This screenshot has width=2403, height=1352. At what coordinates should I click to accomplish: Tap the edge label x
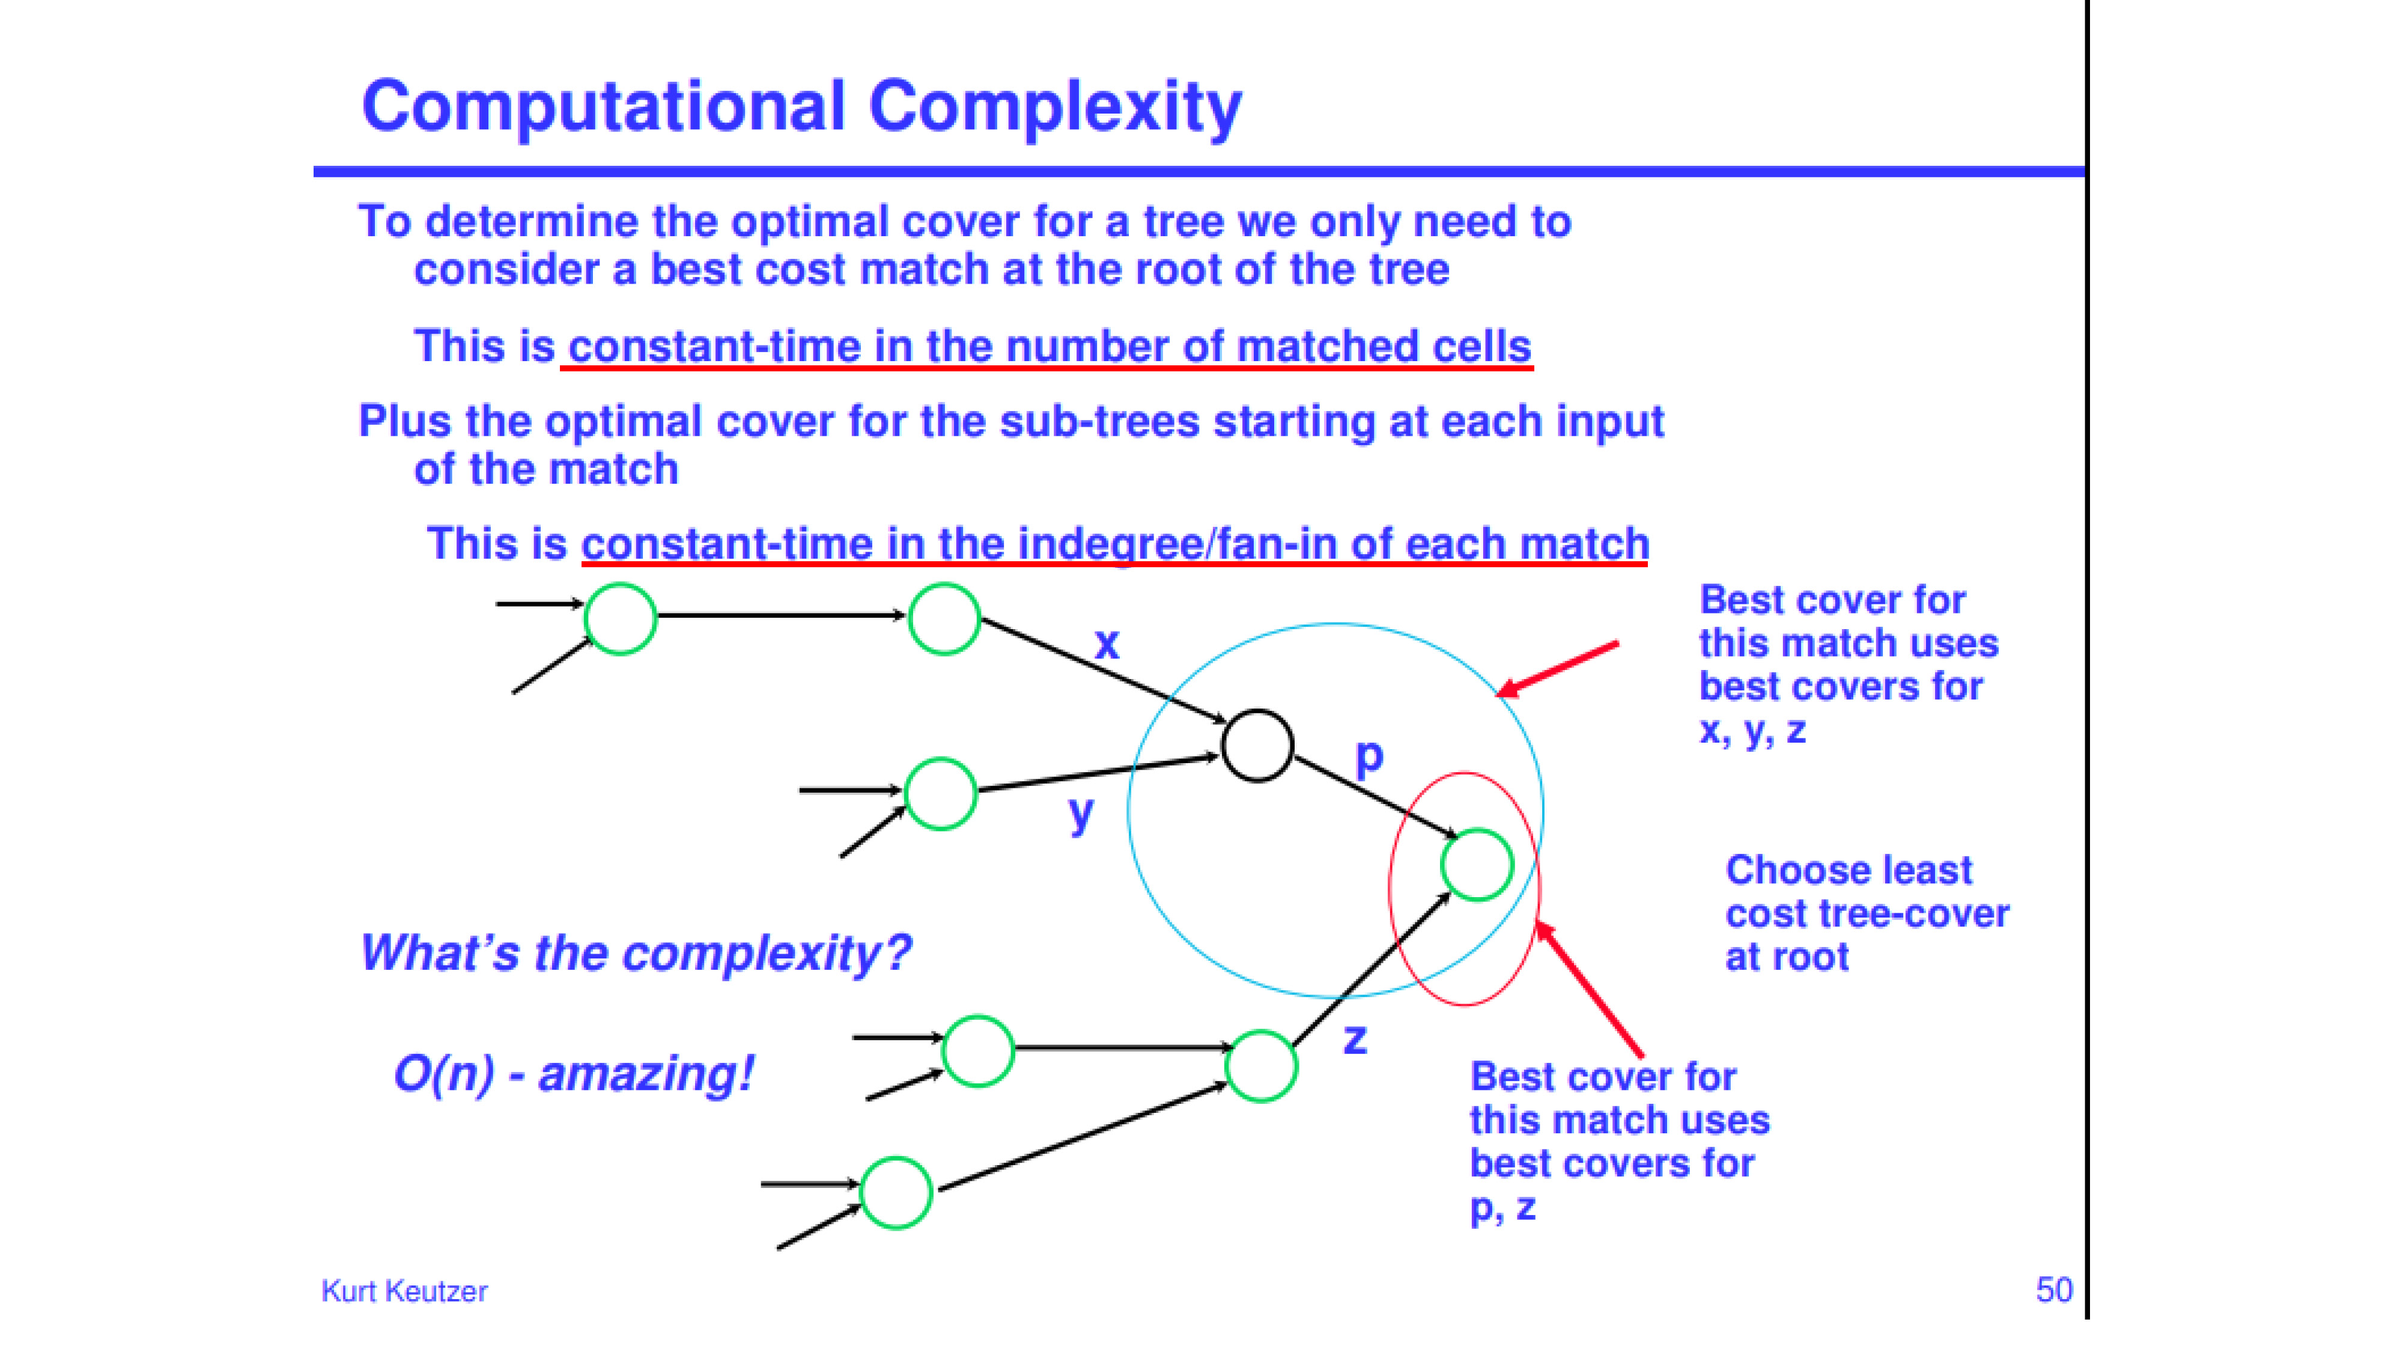[x=1107, y=644]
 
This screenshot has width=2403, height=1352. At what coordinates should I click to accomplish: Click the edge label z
[x=1355, y=1038]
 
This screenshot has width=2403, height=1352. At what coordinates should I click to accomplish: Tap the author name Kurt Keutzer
[x=404, y=1291]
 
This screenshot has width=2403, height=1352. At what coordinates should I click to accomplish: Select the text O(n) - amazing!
[x=574, y=1073]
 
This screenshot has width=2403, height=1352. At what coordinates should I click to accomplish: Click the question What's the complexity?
[x=636, y=952]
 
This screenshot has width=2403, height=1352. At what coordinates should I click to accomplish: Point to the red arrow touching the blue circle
[x=1557, y=669]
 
